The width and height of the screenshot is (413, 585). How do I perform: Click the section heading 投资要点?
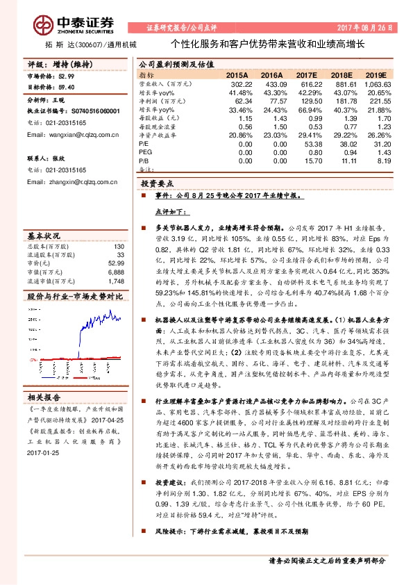click(157, 184)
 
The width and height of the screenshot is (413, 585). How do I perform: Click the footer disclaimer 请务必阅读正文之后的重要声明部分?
click(327, 560)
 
